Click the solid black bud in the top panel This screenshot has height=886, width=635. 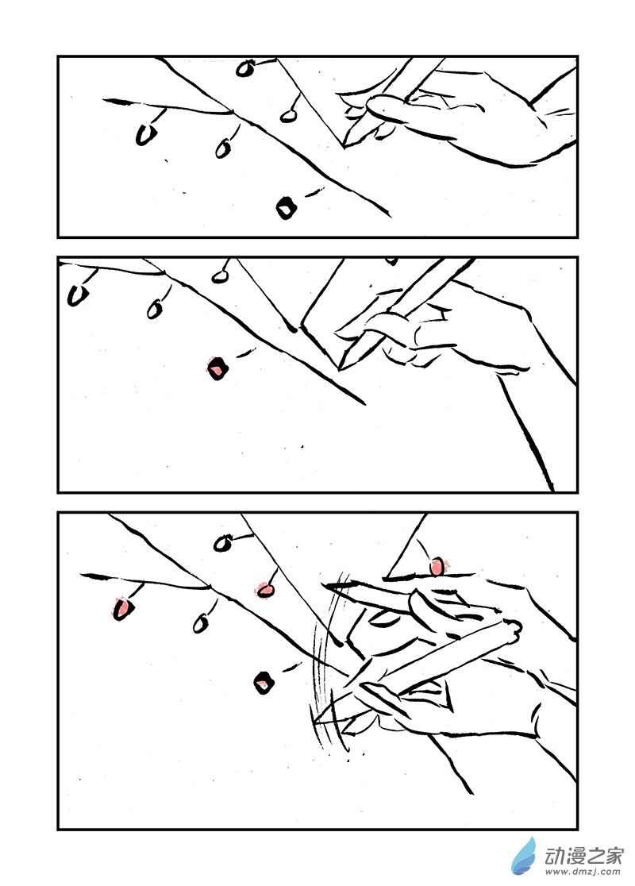point(287,208)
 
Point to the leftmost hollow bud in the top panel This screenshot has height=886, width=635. point(146,134)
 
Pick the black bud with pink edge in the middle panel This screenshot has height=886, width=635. point(217,368)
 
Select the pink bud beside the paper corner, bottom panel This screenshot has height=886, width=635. point(437,566)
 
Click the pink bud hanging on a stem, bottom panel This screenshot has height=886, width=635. point(264,590)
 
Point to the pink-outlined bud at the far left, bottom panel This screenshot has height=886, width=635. point(122,609)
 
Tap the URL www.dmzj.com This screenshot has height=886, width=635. point(583,873)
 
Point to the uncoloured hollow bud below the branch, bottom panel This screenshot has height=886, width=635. point(200,624)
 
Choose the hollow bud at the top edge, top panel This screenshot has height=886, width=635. point(244,68)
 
